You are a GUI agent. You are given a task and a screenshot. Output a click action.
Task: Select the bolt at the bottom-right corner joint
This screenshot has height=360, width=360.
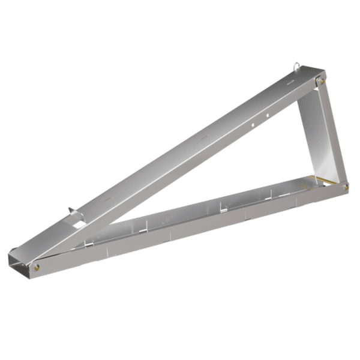(x=346, y=187)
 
